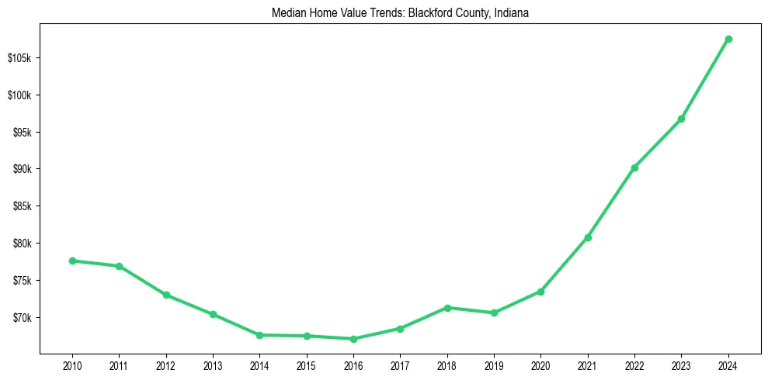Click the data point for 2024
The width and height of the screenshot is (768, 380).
728,39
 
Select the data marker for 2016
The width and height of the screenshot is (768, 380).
353,339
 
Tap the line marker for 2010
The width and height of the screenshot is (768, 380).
72,261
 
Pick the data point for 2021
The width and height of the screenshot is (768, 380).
588,237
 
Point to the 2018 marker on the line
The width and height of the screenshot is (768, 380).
447,308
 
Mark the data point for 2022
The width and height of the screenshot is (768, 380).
634,168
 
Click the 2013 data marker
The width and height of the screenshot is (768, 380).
213,314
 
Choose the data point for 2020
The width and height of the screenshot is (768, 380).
540,292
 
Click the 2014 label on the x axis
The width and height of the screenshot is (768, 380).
259,364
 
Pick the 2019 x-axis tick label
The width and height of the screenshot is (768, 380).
494,364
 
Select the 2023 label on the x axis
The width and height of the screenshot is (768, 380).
681,364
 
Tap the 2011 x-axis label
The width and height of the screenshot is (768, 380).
119,364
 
